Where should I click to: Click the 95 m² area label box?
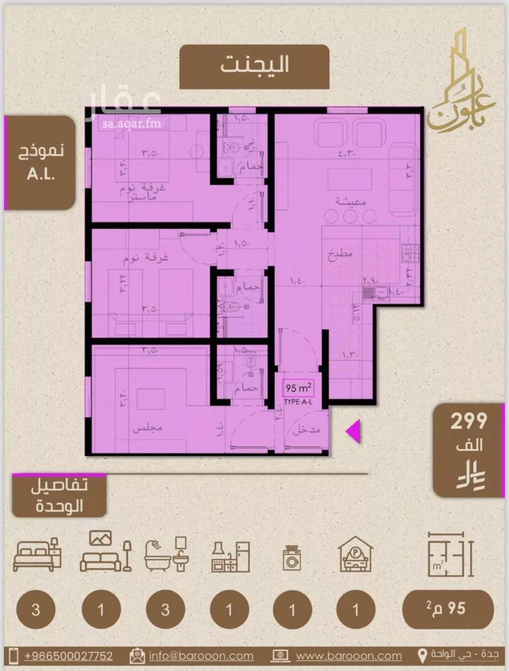click(298, 389)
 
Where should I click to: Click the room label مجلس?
click(148, 428)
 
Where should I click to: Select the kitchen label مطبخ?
click(340, 254)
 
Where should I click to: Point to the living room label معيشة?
click(351, 201)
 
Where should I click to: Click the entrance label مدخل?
click(306, 430)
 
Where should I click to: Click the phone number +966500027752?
click(68, 656)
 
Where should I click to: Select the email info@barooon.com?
click(201, 656)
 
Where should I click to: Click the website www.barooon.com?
click(349, 656)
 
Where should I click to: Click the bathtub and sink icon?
click(166, 555)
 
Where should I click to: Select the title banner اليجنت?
click(254, 66)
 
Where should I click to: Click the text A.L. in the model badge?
click(41, 174)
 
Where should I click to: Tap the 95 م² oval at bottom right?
click(448, 609)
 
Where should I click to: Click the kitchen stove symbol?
click(410, 251)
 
